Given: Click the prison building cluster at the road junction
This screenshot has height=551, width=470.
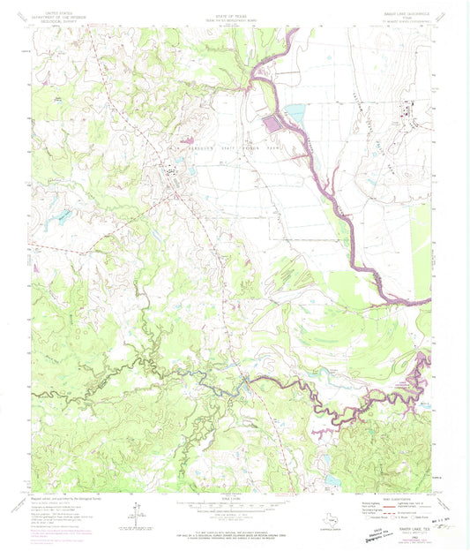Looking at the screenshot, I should click(168, 177).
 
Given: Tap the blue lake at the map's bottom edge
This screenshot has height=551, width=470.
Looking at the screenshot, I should click(331, 482).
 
